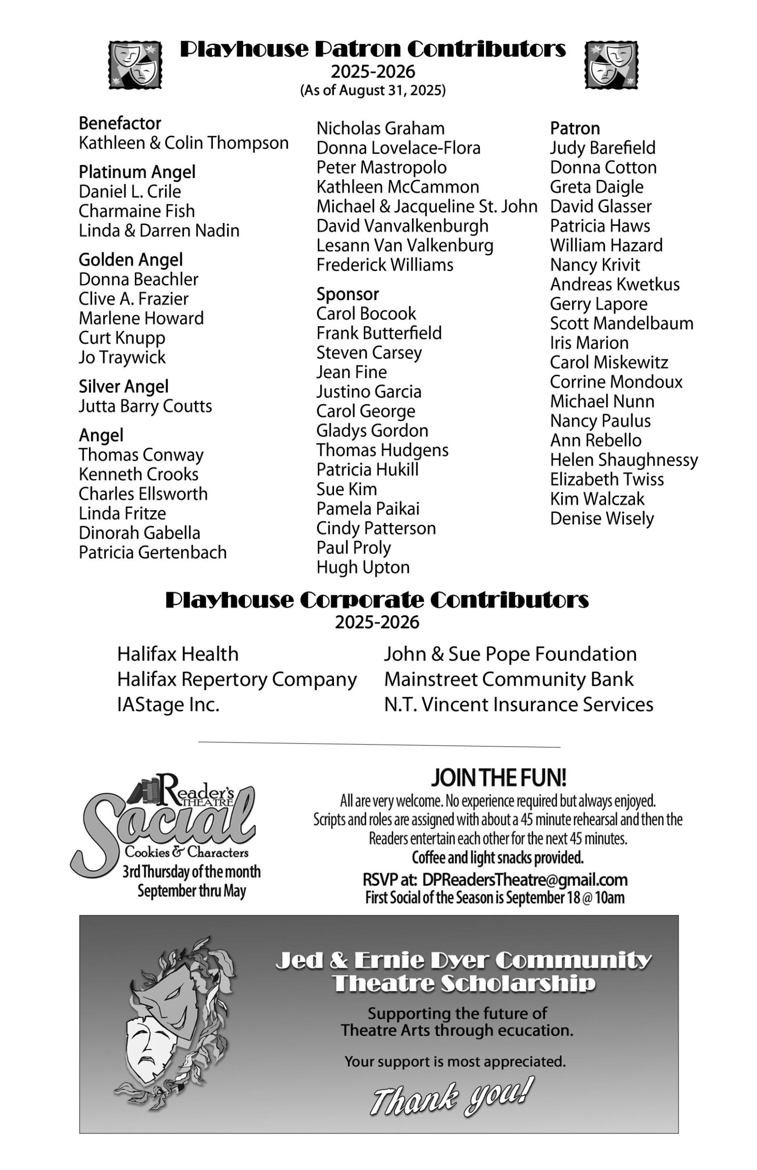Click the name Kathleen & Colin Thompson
pyautogui.click(x=184, y=143)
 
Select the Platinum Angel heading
pyautogui.click(x=137, y=172)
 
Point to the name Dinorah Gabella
pyautogui.click(x=139, y=533)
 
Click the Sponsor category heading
pyautogui.click(x=348, y=294)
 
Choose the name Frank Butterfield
pyautogui.click(x=378, y=333)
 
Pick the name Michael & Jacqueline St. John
pyautogui.click(x=427, y=206)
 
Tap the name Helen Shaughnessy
pyautogui.click(x=623, y=460)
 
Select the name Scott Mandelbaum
pyautogui.click(x=621, y=323)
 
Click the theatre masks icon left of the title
pyautogui.click(x=135, y=65)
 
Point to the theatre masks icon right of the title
pyautogui.click(x=611, y=65)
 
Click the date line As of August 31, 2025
pyautogui.click(x=373, y=90)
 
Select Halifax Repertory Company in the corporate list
pyautogui.click(x=237, y=679)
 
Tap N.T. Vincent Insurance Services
pyautogui.click(x=518, y=705)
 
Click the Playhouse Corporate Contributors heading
pyautogui.click(x=377, y=600)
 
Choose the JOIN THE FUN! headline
pyautogui.click(x=499, y=778)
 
